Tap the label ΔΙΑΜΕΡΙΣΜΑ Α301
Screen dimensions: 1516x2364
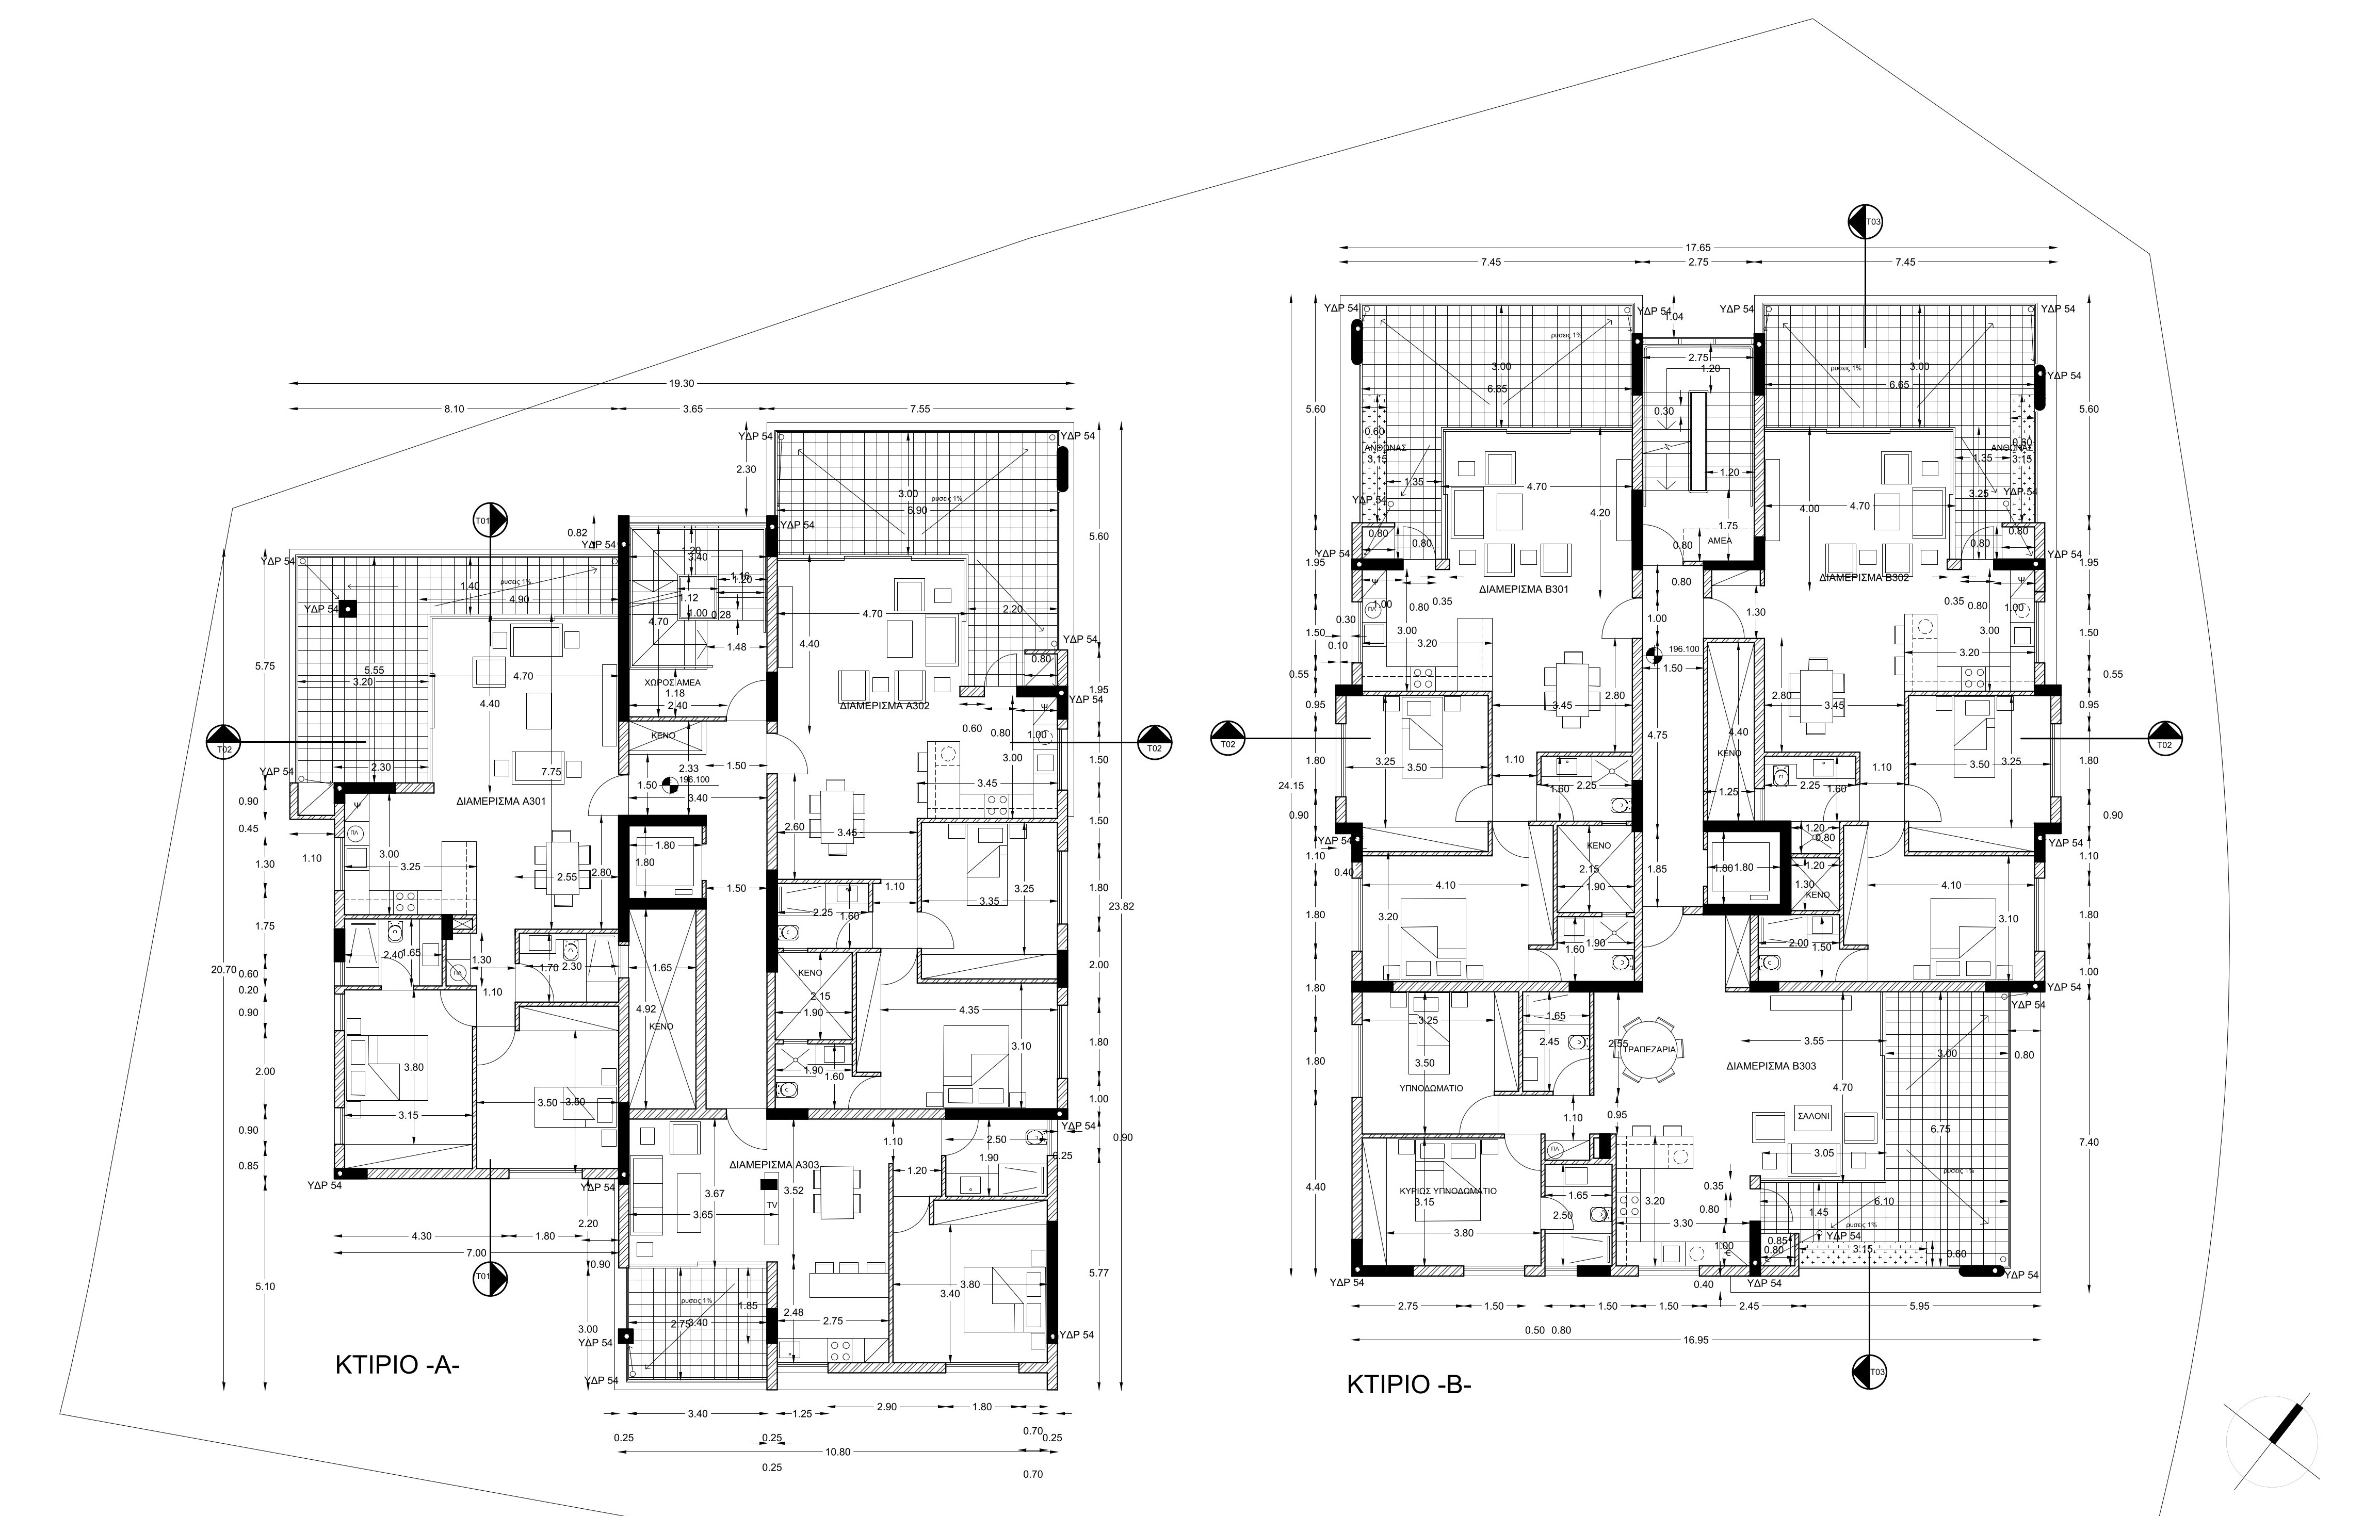(501, 801)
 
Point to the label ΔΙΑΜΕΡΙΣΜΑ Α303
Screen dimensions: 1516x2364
(774, 1165)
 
